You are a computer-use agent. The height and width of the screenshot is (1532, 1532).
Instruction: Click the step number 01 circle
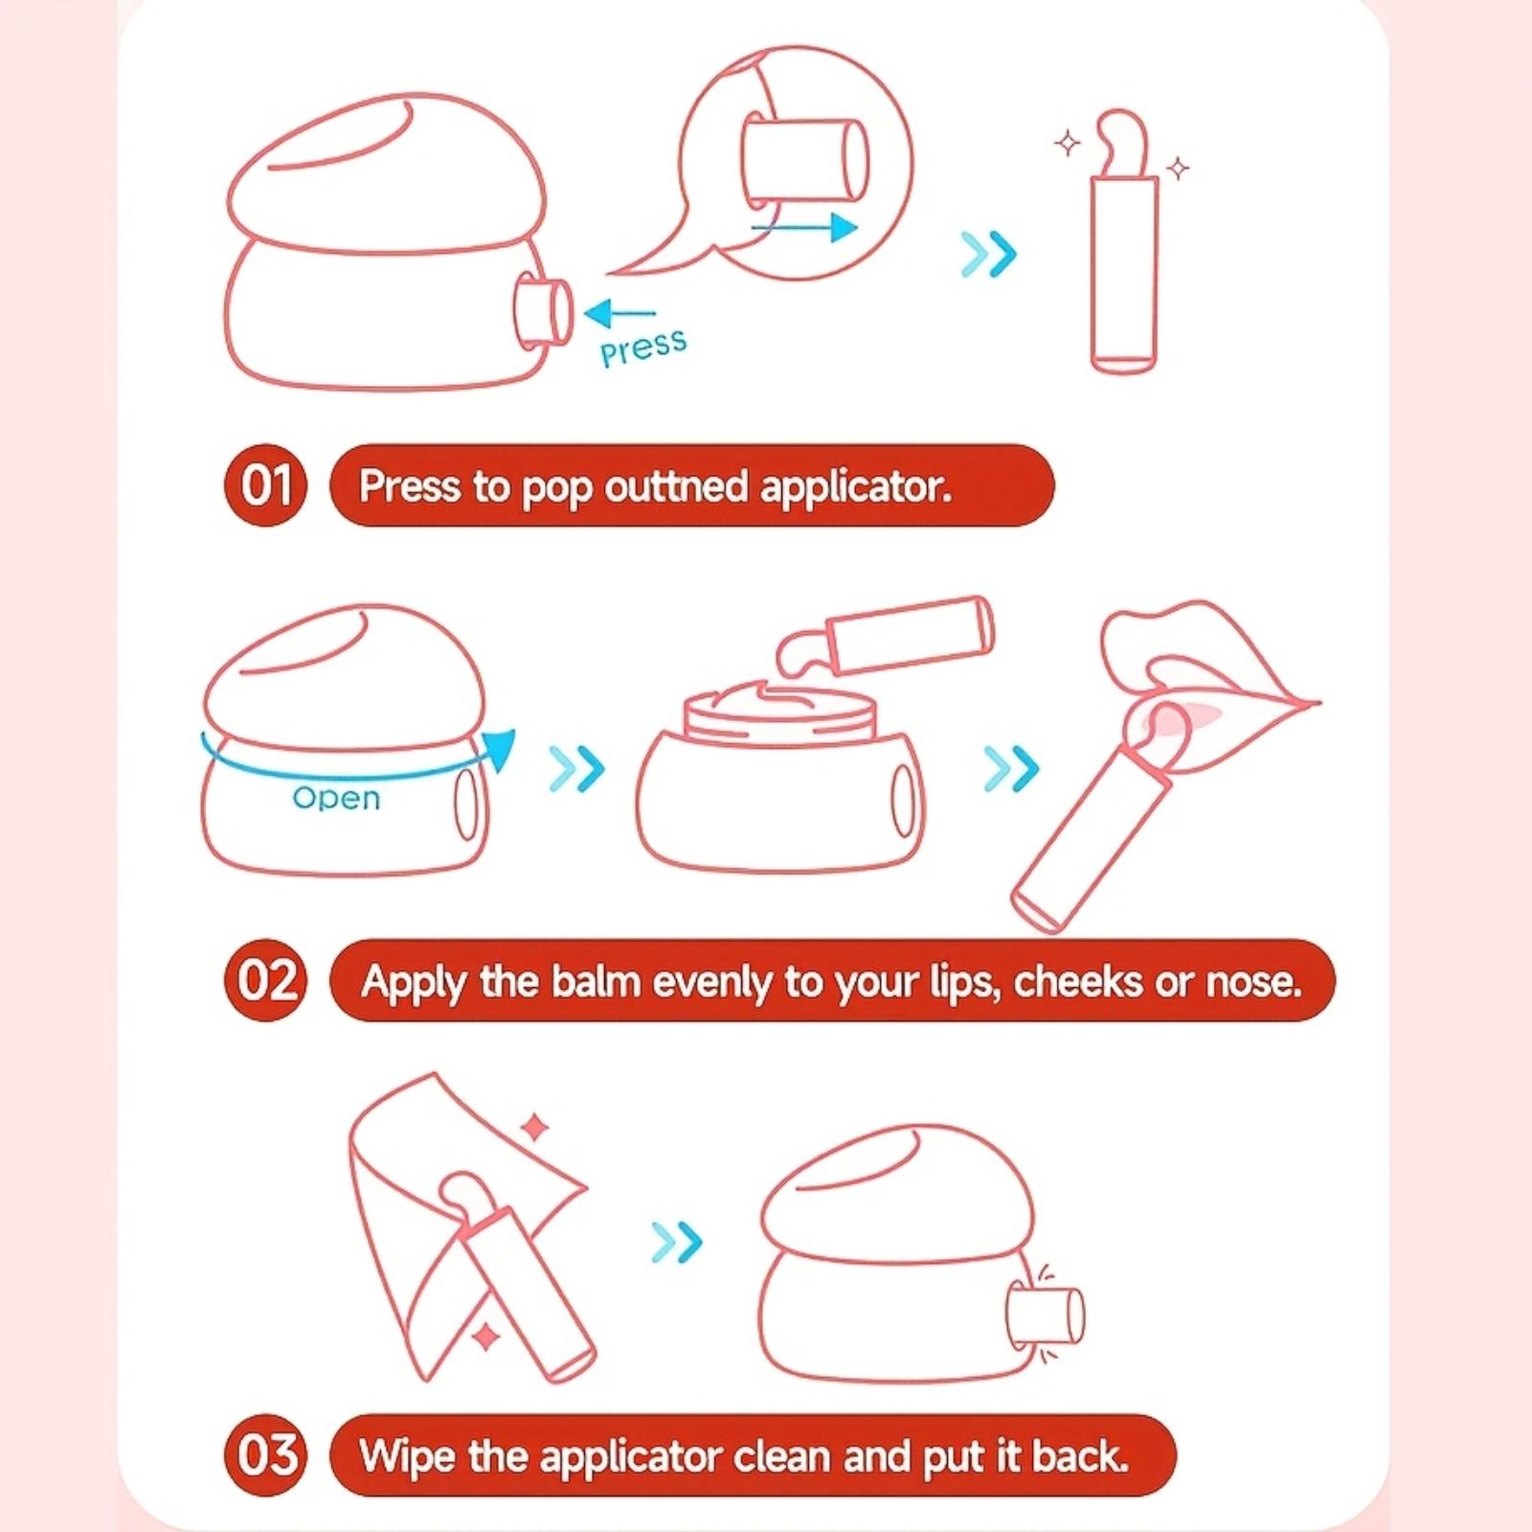pyautogui.click(x=265, y=484)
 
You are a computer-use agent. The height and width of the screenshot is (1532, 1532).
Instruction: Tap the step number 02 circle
pyautogui.click(x=265, y=980)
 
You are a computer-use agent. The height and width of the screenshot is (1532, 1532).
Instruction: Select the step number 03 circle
pyautogui.click(x=265, y=1455)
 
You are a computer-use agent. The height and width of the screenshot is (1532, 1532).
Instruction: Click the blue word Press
pyautogui.click(x=643, y=347)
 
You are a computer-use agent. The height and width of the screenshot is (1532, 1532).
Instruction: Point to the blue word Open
pyautogui.click(x=336, y=798)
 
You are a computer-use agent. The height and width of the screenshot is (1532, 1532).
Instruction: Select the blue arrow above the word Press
pyautogui.click(x=620, y=312)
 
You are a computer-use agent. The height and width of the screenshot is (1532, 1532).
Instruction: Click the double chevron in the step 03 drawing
pyautogui.click(x=677, y=1242)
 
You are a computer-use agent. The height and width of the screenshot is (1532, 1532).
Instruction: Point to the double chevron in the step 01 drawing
pyautogui.click(x=988, y=254)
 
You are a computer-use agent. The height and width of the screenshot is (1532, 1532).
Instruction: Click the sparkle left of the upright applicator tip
pyautogui.click(x=1068, y=145)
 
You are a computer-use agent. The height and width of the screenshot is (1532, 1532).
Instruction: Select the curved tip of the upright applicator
pyautogui.click(x=1122, y=143)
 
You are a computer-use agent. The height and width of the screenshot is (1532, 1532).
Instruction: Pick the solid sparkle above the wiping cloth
pyautogui.click(x=535, y=1128)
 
